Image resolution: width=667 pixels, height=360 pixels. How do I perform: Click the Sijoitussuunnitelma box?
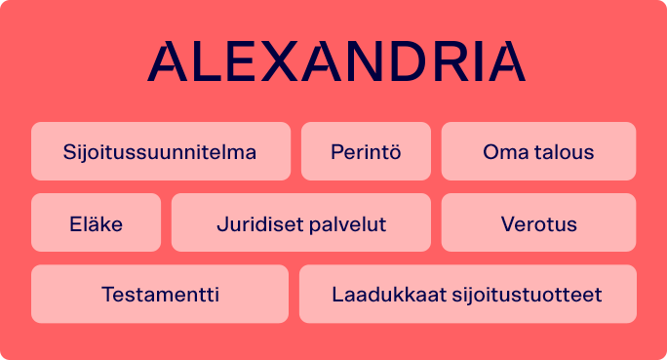160,152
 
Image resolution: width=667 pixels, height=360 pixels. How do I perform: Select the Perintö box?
366,152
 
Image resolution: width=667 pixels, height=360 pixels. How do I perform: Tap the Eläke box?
96,223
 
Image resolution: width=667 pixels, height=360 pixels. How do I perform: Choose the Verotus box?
538,223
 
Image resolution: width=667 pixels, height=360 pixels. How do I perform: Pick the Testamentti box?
160,295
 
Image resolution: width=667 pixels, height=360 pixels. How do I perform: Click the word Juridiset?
255,224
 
